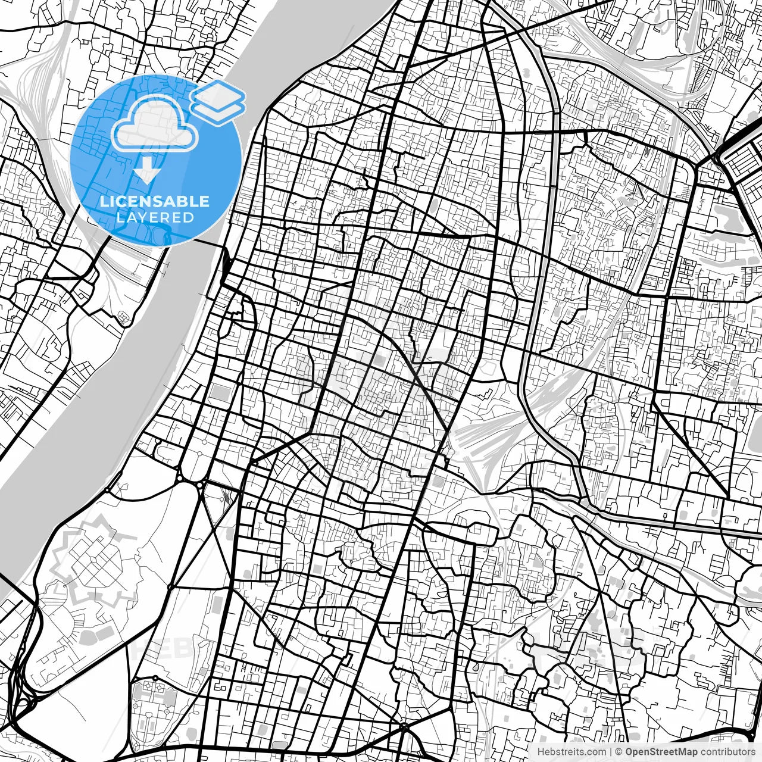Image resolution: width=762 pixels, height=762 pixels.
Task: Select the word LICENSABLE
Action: point(155,201)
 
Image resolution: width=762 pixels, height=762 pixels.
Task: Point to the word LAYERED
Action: point(155,217)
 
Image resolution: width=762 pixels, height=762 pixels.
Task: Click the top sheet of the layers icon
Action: point(218,93)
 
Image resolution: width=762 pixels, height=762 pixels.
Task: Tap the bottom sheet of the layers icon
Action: point(218,111)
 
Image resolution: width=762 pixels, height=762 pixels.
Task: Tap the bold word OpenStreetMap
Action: point(661,752)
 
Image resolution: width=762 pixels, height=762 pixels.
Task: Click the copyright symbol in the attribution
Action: point(619,752)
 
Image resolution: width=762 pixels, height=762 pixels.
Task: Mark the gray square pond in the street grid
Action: point(220,394)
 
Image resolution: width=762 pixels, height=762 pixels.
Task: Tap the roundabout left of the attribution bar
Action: point(404,727)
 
